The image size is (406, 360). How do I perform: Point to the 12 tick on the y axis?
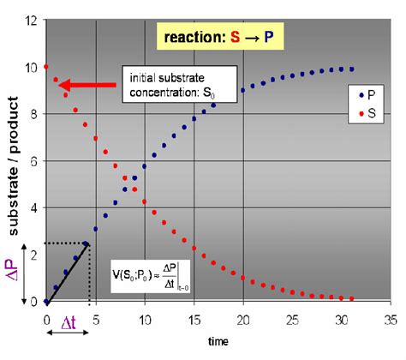coord(32,20)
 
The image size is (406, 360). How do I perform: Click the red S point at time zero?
coord(45,67)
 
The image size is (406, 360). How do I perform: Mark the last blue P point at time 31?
coord(351,69)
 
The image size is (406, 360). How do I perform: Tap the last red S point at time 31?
coord(351,299)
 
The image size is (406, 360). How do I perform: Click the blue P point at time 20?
coord(243,90)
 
